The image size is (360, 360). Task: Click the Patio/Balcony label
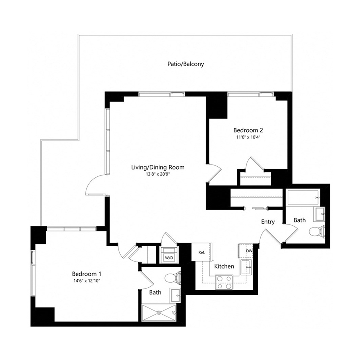point(185,64)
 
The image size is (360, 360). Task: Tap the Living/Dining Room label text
point(158,167)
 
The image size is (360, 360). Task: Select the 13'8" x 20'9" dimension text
point(158,174)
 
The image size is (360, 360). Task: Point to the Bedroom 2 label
point(247,130)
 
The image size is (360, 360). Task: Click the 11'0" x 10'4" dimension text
point(247,137)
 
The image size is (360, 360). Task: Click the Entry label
point(268,222)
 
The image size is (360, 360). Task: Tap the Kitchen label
point(224,266)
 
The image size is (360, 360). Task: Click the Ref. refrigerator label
point(202,252)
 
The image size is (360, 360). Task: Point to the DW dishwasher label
point(249,251)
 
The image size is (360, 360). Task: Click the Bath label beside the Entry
point(300,220)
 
